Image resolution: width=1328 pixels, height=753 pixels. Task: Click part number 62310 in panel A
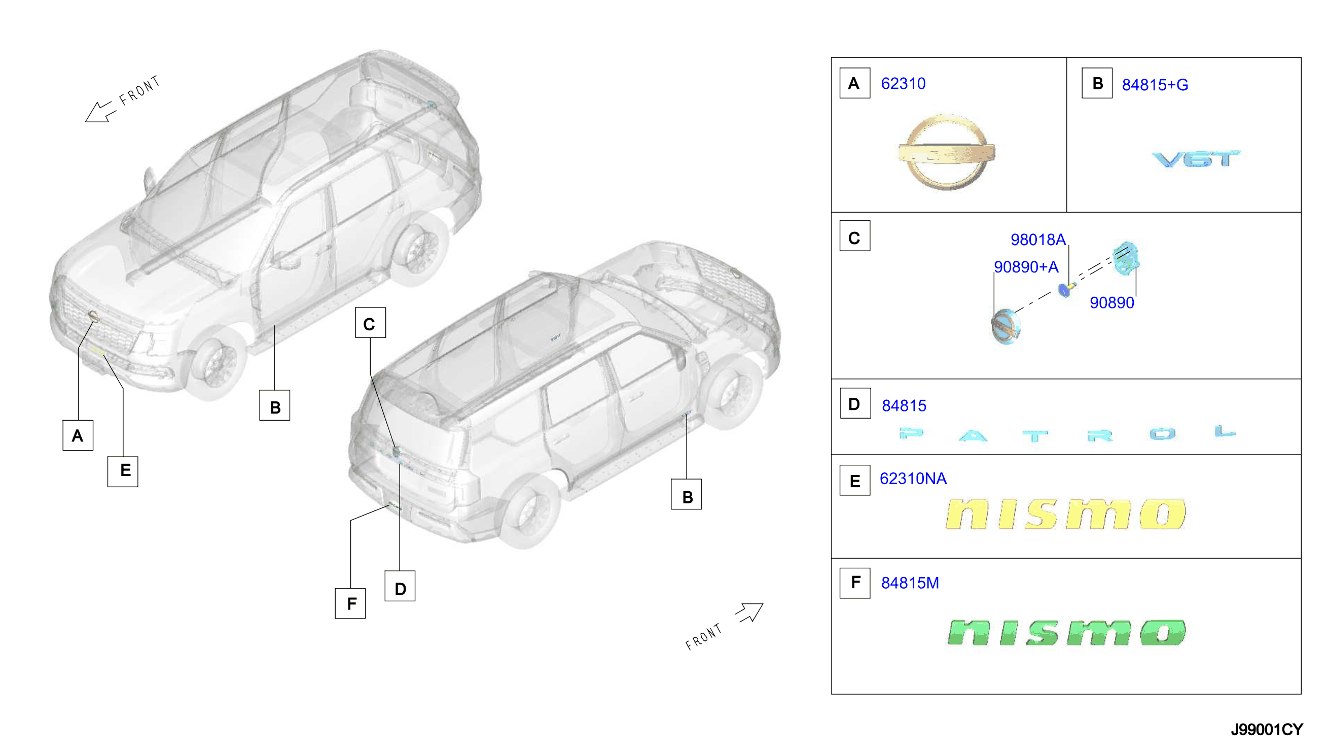[x=903, y=84]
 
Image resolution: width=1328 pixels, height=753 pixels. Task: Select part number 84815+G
[x=1155, y=85]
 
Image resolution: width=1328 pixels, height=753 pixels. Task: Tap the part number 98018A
[x=1037, y=240]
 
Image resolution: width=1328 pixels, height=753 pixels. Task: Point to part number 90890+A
[x=1026, y=267]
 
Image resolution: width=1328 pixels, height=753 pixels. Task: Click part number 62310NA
[x=913, y=479]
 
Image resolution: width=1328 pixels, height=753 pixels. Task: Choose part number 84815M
[x=910, y=584]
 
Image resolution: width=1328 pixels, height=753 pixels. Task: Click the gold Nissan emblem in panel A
[x=946, y=153]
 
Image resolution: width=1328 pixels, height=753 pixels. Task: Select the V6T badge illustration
[x=1196, y=159]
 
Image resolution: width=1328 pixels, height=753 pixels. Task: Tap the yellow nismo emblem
[x=1065, y=514]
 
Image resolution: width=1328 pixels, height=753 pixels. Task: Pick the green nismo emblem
[x=1066, y=633]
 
